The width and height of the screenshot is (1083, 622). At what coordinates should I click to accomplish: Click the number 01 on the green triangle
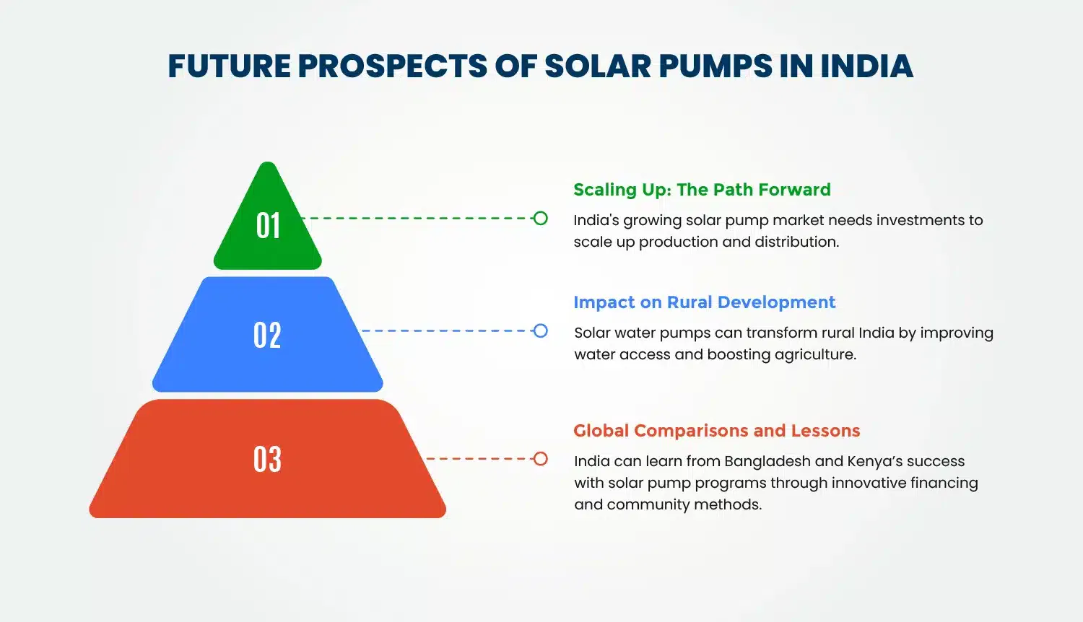[268, 225]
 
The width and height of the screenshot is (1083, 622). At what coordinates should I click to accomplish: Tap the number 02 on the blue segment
[267, 336]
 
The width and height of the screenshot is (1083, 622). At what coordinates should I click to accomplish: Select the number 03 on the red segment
[267, 460]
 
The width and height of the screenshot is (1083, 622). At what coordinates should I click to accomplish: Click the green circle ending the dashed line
[540, 218]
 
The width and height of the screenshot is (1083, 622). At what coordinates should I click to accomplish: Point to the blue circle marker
[540, 331]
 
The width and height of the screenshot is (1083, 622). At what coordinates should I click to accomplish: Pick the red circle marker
[540, 459]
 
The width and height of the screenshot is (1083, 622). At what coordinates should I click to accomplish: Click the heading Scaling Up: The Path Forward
[702, 190]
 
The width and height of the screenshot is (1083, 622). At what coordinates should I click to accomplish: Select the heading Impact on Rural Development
[704, 302]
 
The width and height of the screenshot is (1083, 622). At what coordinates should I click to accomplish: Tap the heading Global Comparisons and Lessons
[716, 431]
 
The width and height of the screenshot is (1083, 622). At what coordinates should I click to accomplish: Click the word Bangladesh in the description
[767, 462]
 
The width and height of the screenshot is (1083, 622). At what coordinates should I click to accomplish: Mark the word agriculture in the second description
[814, 355]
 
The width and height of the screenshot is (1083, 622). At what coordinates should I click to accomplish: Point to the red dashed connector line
[477, 459]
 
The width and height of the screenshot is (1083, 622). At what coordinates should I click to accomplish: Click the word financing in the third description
[944, 483]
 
